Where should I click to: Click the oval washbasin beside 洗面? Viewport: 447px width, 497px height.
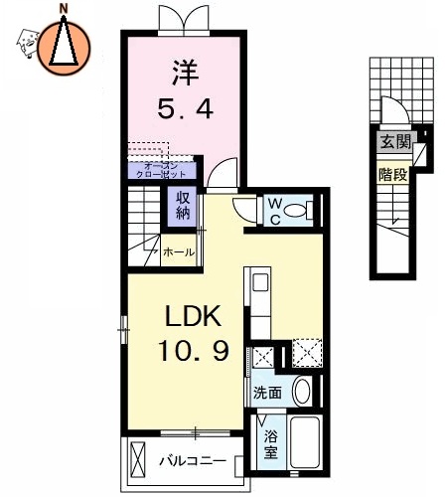(x=303, y=390)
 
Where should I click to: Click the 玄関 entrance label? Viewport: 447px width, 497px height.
(x=392, y=142)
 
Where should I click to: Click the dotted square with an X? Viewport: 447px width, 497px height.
(x=306, y=353)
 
